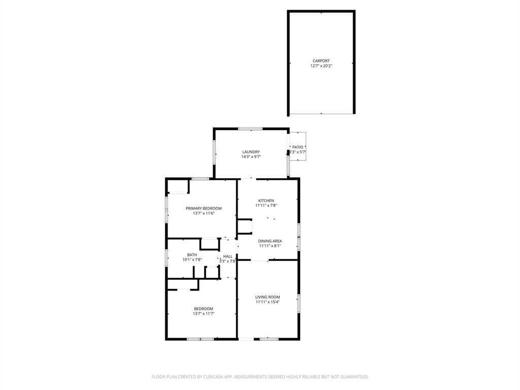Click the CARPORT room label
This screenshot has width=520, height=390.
pos(321,61)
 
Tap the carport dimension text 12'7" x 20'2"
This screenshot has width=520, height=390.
pos(321,66)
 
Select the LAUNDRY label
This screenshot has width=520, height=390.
pos(251,152)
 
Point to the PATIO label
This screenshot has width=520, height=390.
pos(298,147)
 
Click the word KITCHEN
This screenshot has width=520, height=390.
pos(266,201)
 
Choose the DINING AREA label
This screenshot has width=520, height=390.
pos(270,241)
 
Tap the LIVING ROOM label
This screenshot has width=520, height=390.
pos(267,297)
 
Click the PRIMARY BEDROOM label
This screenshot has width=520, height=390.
pos(204,209)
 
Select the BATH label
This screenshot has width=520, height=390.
pos(192,255)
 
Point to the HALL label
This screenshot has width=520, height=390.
pos(227,256)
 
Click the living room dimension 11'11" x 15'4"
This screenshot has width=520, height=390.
pos(267,302)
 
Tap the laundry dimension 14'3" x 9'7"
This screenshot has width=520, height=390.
pos(251,157)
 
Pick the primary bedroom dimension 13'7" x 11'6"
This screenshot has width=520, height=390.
pos(204,214)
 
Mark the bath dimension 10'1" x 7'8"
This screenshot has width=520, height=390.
pos(192,260)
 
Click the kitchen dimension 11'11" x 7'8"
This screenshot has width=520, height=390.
pos(266,206)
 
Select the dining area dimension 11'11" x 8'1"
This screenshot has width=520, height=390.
pos(270,246)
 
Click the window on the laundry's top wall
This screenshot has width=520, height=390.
pos(247,128)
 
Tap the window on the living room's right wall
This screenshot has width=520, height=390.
pos(299,302)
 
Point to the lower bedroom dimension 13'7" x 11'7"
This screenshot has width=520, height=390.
pos(203,314)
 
